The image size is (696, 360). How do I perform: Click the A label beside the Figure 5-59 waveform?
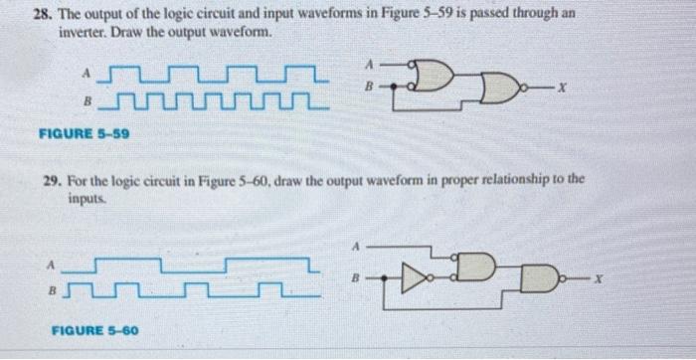click(x=87, y=72)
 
